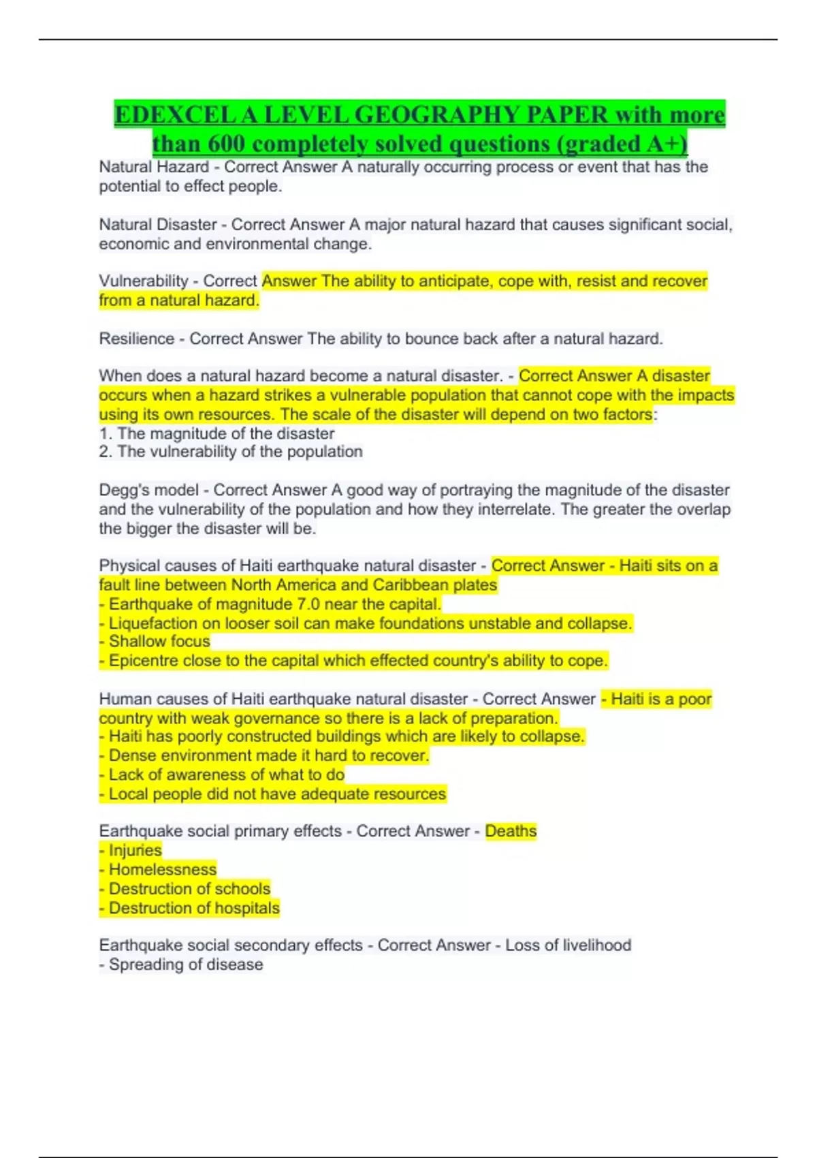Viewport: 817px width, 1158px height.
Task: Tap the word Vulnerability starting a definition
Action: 144,281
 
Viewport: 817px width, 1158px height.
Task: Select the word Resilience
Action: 136,339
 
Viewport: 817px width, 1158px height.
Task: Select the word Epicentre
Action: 142,661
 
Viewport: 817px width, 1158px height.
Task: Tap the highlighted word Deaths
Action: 511,831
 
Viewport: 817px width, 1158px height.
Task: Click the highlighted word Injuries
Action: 135,850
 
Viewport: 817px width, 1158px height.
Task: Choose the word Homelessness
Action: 163,870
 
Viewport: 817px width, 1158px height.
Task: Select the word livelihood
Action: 597,945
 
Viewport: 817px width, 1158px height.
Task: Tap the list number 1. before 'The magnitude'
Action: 106,434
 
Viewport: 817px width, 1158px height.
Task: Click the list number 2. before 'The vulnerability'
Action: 106,452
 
